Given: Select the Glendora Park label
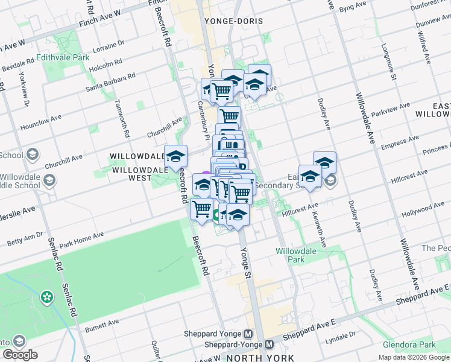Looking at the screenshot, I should [409, 345].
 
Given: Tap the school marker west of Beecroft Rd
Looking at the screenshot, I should [175, 157].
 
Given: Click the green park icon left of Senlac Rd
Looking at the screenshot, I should [46, 297].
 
